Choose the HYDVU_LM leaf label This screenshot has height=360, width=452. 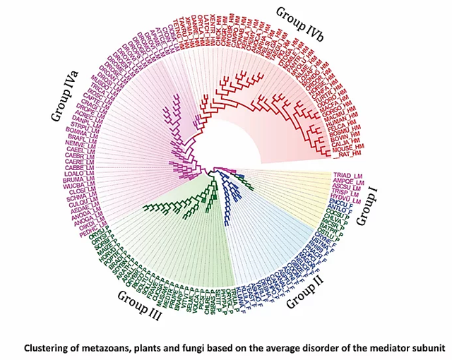click(345, 199)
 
